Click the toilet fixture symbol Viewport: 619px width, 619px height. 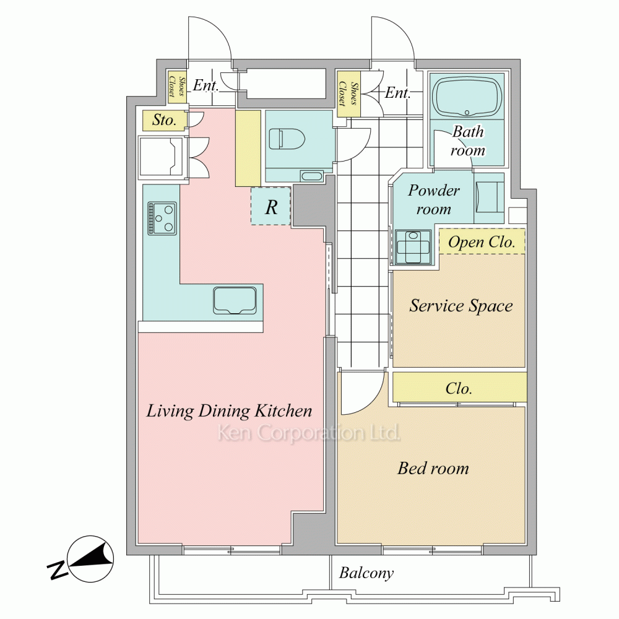(x=287, y=139)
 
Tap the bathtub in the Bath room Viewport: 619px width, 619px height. (x=467, y=97)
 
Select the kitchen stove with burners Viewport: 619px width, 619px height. (x=162, y=219)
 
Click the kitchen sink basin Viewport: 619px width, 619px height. (x=235, y=300)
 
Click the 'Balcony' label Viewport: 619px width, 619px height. (x=366, y=573)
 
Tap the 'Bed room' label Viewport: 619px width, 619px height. (x=433, y=468)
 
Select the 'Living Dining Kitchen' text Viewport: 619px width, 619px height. (x=230, y=411)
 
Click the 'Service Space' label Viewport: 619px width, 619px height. (x=461, y=306)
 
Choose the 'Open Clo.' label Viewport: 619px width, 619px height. (x=482, y=242)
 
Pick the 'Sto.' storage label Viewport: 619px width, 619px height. (x=164, y=119)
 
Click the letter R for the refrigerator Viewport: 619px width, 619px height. (x=271, y=207)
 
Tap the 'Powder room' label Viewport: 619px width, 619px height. (x=433, y=200)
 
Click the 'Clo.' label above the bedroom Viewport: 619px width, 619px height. (x=459, y=389)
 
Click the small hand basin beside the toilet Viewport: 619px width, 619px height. (x=311, y=176)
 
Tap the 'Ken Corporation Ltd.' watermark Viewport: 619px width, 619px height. (x=309, y=433)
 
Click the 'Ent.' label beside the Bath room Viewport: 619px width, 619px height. (x=397, y=93)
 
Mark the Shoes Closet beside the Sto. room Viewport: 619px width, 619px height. (x=177, y=87)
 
